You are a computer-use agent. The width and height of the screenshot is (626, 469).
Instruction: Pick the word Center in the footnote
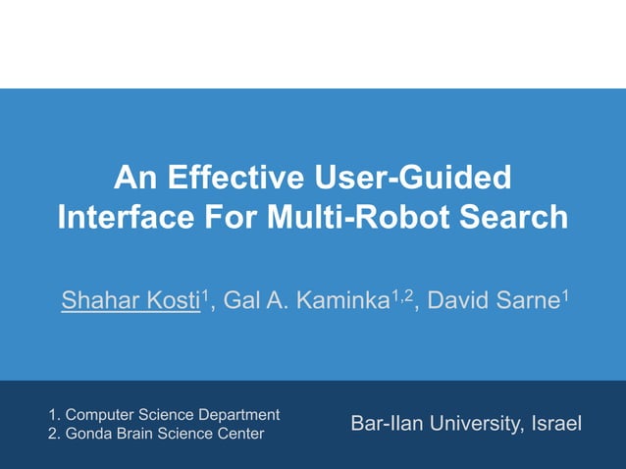[x=239, y=434]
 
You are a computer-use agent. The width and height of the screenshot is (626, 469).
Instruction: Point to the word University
[x=472, y=424]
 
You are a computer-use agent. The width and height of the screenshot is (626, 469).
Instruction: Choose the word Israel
[x=555, y=424]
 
